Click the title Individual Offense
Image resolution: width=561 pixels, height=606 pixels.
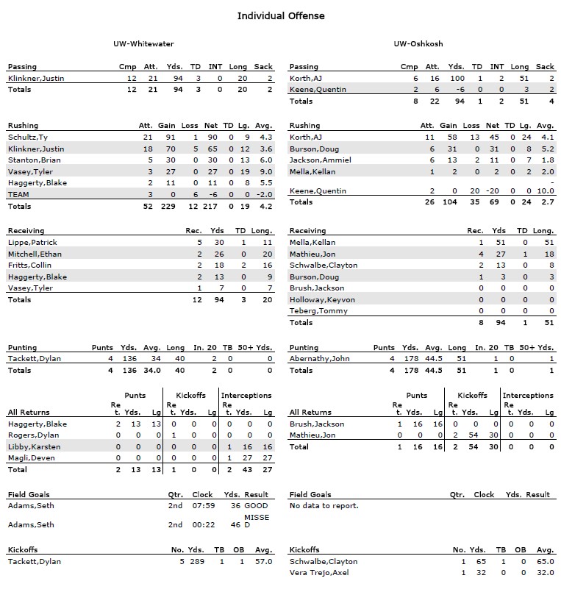coord(280,15)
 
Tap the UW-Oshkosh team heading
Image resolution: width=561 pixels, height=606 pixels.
coord(418,44)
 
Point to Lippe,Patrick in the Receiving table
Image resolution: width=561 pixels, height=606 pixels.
coord(32,242)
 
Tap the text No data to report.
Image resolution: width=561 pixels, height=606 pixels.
coord(324,505)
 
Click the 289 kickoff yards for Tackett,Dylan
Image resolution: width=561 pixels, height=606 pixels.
coord(198,561)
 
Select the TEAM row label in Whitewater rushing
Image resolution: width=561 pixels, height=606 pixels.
coord(18,194)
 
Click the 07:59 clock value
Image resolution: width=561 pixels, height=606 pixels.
coord(202,505)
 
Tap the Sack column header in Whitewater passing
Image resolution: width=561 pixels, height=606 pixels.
coord(263,67)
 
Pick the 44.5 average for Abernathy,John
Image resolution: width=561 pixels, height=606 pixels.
coord(434,359)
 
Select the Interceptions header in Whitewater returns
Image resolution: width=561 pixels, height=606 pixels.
coord(246,395)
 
